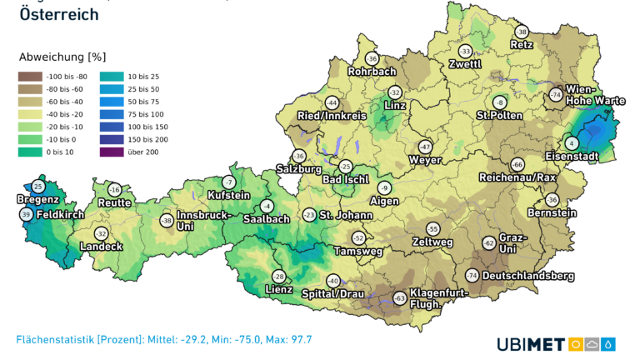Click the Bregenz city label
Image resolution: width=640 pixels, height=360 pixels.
[x=37, y=199]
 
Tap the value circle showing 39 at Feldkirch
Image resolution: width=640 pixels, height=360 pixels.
[x=26, y=215]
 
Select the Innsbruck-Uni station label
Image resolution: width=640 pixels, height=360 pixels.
[x=197, y=220]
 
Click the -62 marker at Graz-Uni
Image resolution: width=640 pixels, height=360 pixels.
[x=488, y=242]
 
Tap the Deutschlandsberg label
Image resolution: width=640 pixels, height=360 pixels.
[x=528, y=275]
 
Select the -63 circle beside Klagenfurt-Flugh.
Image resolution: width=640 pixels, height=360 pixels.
[x=399, y=297]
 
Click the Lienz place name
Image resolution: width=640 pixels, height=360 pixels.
[x=277, y=289]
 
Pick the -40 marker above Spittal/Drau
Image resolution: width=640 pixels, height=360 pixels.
[x=333, y=281]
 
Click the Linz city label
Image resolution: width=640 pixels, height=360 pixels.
[x=395, y=106]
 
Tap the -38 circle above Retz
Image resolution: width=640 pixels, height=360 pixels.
[x=522, y=32]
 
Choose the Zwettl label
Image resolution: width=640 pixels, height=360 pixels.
[x=464, y=64]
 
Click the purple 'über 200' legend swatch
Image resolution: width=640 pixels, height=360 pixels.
[x=109, y=152]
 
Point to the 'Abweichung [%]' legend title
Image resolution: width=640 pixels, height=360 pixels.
[x=62, y=57]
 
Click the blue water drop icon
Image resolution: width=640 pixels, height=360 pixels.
[x=610, y=343]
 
